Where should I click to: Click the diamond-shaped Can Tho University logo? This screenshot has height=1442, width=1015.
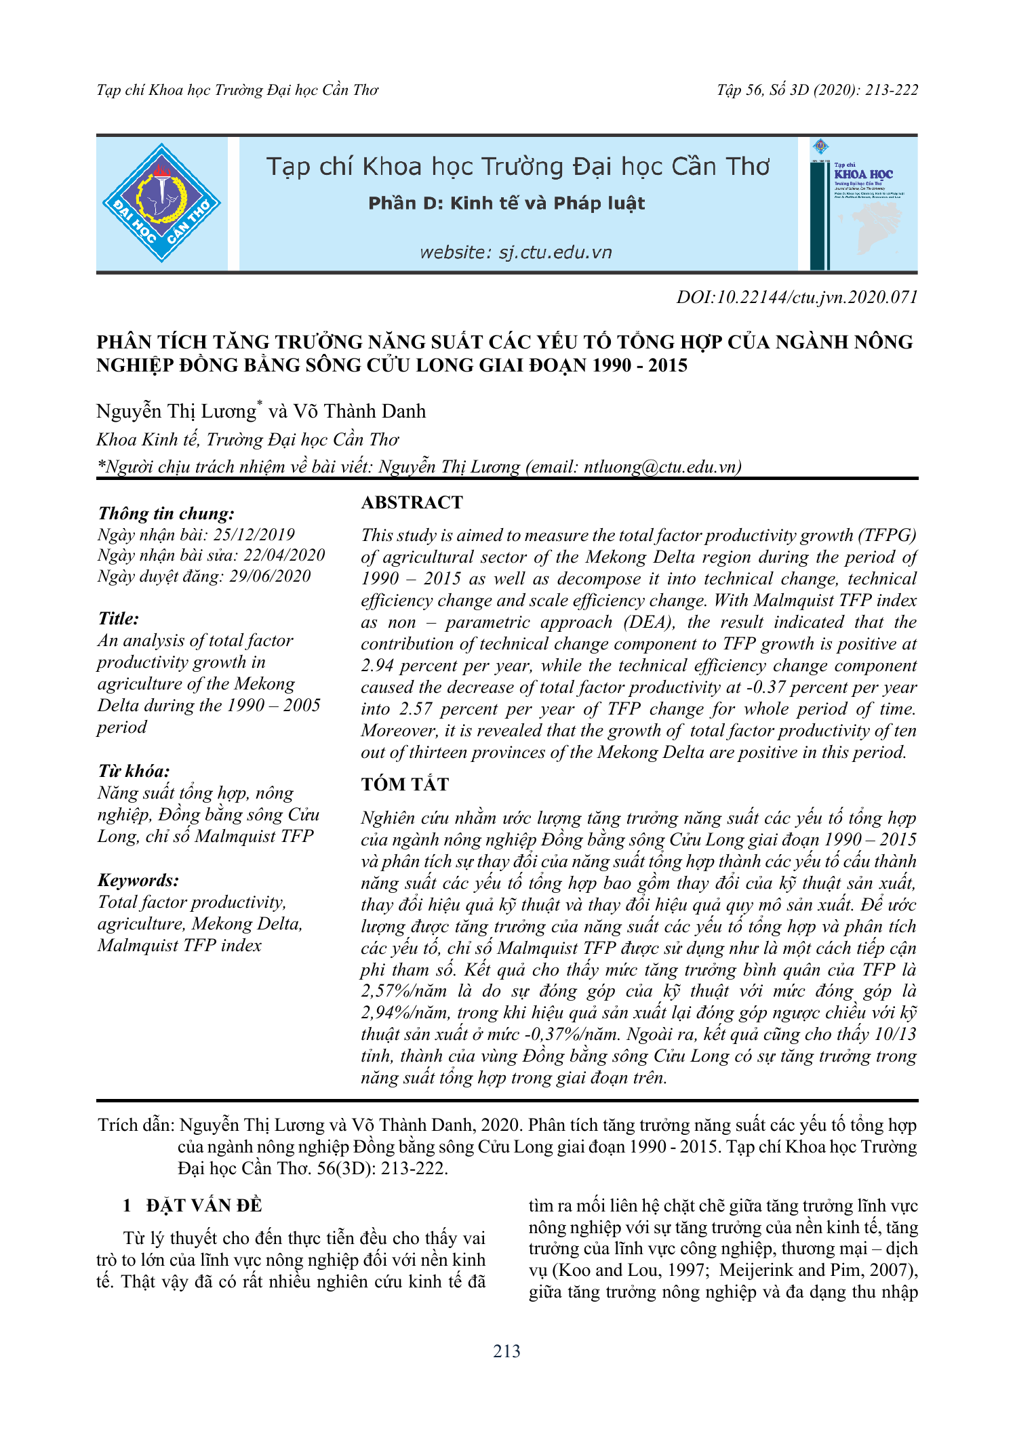click(x=161, y=203)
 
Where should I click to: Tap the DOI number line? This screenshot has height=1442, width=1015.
click(x=797, y=297)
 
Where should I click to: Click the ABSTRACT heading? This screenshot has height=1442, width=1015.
click(x=412, y=502)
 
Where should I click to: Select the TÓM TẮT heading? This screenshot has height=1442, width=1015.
click(x=405, y=784)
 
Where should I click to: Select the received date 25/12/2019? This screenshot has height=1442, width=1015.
click(x=254, y=534)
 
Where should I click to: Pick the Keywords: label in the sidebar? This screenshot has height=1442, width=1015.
click(x=138, y=880)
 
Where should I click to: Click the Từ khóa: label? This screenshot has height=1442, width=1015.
click(x=134, y=771)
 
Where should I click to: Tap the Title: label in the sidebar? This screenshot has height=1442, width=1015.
click(x=119, y=618)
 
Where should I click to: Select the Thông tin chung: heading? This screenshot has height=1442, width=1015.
click(x=166, y=513)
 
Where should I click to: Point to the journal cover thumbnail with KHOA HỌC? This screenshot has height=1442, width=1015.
click(x=863, y=203)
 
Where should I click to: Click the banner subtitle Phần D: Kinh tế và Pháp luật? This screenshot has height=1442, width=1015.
click(x=506, y=203)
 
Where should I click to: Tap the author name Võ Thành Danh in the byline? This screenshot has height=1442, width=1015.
click(x=359, y=412)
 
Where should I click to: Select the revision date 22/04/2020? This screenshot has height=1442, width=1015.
click(x=285, y=555)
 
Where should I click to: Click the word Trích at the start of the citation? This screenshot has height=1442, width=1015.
click(x=118, y=1125)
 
